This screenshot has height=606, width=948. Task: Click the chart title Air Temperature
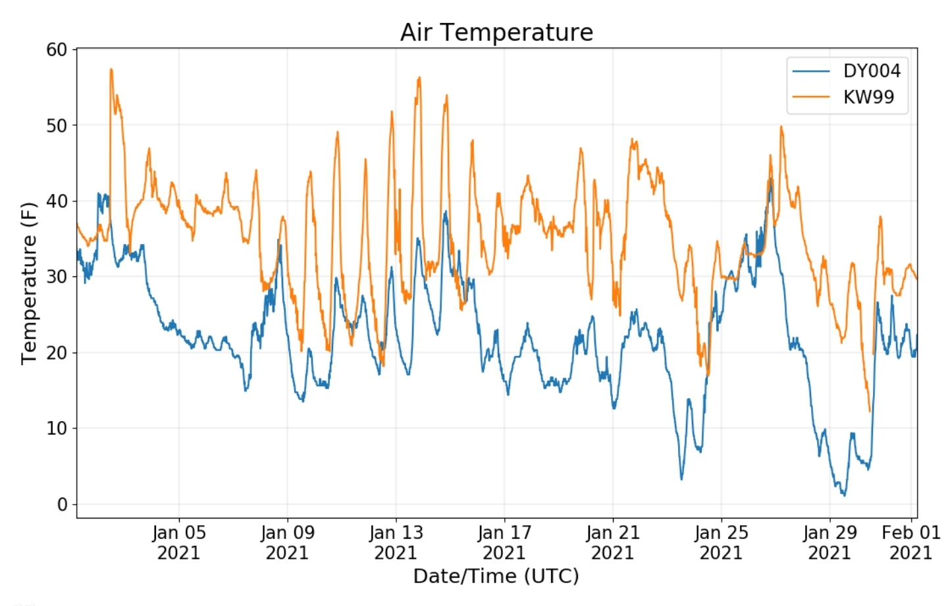tap(496, 32)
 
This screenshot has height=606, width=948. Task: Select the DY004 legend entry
tap(871, 71)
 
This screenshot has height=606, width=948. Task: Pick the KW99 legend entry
tap(868, 97)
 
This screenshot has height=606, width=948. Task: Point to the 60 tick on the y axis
tap(57, 49)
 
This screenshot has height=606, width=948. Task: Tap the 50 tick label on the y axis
tap(57, 125)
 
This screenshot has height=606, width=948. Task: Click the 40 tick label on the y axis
tap(57, 201)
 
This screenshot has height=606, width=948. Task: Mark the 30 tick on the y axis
tap(57, 276)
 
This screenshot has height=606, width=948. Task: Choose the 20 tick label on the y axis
tap(57, 353)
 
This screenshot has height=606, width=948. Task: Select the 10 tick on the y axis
tap(57, 428)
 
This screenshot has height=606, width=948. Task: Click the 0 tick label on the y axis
tap(63, 505)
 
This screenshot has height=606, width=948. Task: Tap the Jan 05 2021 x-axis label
tap(178, 542)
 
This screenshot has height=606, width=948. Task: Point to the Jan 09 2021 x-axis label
tap(287, 542)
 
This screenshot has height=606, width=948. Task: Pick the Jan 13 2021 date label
tap(396, 542)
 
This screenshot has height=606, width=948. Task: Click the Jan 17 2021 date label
tap(504, 542)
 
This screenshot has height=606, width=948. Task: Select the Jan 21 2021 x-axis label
tap(613, 542)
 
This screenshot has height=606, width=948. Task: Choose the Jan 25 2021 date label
tap(721, 542)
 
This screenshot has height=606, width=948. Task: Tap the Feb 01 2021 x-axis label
tap(910, 542)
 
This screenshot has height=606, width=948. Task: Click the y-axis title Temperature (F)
tap(28, 283)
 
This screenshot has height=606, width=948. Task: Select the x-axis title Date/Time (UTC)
tap(496, 576)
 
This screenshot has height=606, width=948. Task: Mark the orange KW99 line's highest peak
tap(111, 69)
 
